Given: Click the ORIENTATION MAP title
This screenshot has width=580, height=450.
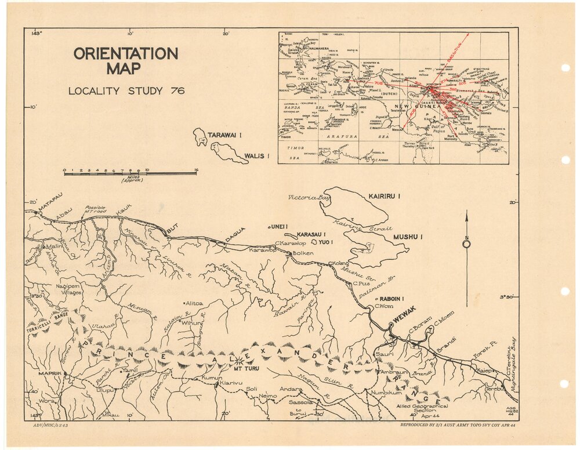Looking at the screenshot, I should pyautogui.click(x=125, y=61).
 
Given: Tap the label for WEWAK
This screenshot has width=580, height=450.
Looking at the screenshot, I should pyautogui.click(x=404, y=319).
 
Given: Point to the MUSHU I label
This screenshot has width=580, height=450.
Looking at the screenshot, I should pyautogui.click(x=408, y=237).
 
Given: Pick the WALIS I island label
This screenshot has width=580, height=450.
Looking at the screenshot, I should pyautogui.click(x=257, y=155).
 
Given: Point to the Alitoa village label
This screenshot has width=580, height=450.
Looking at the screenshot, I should pyautogui.click(x=194, y=303).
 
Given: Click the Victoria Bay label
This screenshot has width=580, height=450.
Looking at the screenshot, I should pyautogui.click(x=305, y=198).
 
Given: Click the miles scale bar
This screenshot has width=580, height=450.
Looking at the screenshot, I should pyautogui.click(x=130, y=173).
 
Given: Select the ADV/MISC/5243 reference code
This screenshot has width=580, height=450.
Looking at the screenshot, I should pyautogui.click(x=51, y=426).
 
